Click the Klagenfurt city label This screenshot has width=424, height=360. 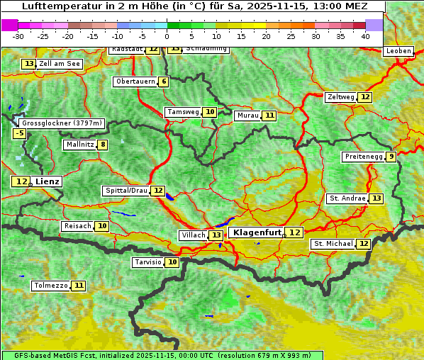point(256,232)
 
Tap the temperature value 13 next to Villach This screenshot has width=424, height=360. point(216,235)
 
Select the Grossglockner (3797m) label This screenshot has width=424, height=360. point(61,123)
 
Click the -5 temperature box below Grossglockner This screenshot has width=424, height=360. point(19,133)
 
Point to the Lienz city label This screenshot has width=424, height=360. point(48,181)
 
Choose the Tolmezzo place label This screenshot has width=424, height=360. point(50,286)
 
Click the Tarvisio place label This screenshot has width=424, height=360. point(147,262)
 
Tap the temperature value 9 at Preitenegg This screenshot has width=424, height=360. point(391,157)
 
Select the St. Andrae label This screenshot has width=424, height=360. point(347,198)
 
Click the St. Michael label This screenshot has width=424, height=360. point(333,244)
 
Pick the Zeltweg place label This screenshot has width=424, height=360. point(340,97)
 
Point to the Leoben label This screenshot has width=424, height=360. point(398,51)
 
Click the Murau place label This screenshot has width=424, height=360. point(247,116)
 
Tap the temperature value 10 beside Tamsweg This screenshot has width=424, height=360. point(210,112)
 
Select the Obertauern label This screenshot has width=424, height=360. point(135,81)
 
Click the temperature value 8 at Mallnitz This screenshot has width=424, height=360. point(103,145)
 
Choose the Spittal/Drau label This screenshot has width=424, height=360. point(125,191)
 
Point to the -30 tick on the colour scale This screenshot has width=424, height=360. point(18,36)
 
